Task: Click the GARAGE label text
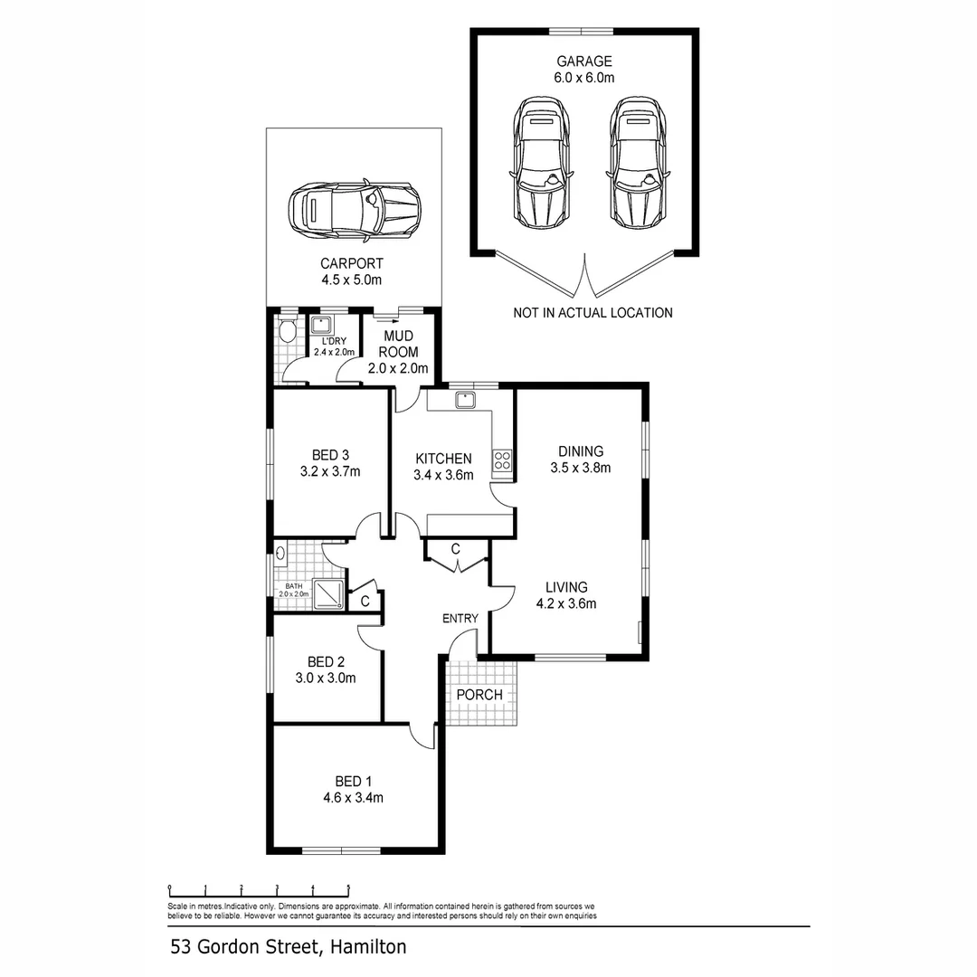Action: [583, 62]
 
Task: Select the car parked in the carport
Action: [354, 210]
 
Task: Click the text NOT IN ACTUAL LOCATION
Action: [593, 313]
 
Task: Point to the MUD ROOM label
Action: [397, 344]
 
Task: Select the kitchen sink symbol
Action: [466, 399]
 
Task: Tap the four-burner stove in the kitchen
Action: [502, 460]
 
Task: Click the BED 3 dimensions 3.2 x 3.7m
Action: [330, 471]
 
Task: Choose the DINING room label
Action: [580, 451]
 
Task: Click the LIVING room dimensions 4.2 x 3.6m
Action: [566, 603]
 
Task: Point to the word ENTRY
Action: [460, 619]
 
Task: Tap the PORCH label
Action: [479, 695]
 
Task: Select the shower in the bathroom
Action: [327, 592]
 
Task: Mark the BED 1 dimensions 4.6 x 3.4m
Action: [354, 797]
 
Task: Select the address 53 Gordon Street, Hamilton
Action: [288, 947]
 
